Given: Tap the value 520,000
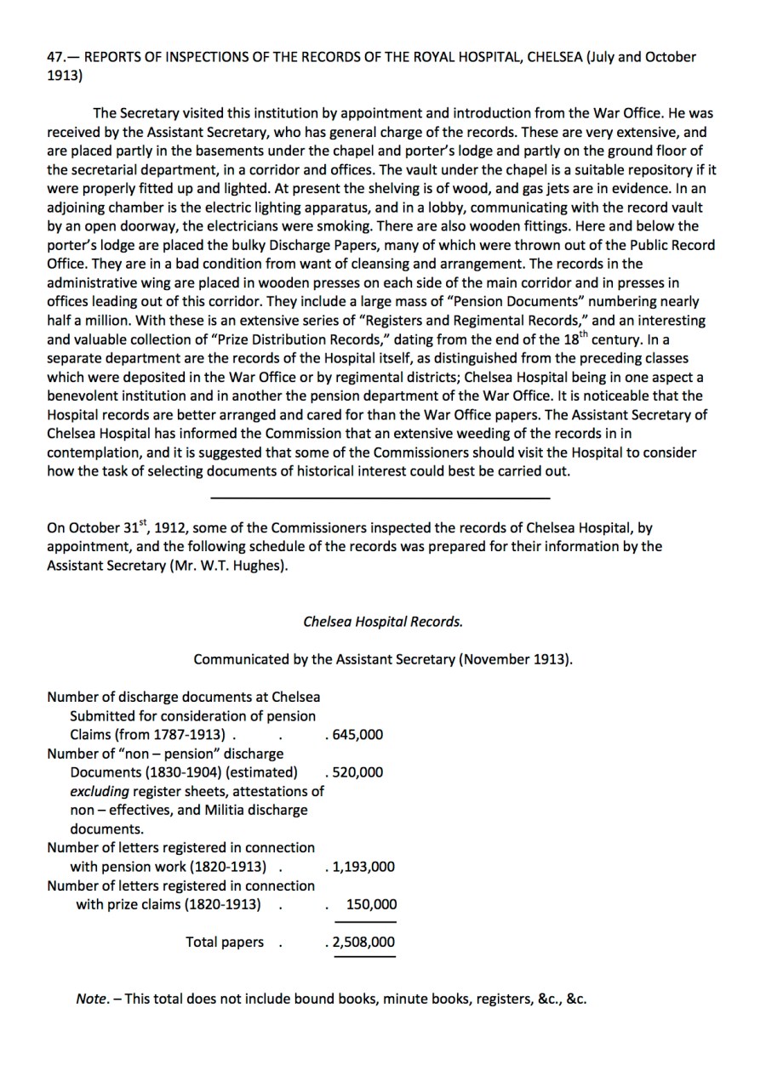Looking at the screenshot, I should [x=357, y=772].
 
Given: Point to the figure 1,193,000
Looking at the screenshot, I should [x=363, y=867].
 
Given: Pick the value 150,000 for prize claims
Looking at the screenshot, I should [x=371, y=904].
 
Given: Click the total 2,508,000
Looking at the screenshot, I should [x=363, y=942].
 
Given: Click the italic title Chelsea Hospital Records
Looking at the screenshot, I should [x=383, y=621].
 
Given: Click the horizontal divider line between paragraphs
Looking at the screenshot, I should [x=380, y=498].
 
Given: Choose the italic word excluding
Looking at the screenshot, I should [x=100, y=791].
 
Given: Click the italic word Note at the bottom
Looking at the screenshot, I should [x=91, y=999].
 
